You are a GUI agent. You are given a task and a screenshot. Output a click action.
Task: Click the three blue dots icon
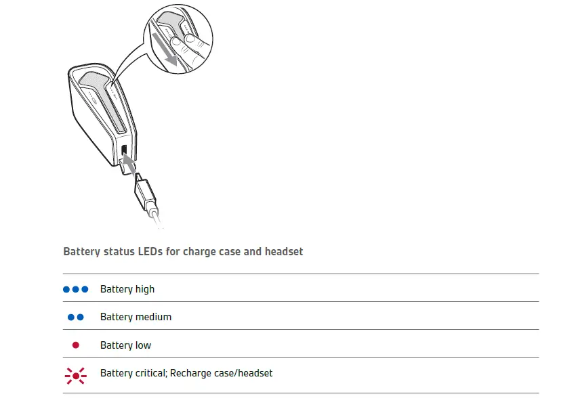tap(75, 289)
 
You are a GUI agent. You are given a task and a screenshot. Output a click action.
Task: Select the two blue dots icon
tap(75, 317)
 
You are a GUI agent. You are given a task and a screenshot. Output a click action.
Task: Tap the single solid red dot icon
tap(75, 345)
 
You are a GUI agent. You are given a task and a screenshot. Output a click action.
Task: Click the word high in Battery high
tap(145, 289)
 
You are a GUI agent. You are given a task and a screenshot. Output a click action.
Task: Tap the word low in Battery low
tap(143, 345)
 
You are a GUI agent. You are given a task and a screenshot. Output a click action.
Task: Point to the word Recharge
tap(192, 373)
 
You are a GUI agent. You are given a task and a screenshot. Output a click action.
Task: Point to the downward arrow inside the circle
tap(165, 50)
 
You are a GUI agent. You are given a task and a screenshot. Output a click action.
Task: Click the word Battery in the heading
tap(81, 252)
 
